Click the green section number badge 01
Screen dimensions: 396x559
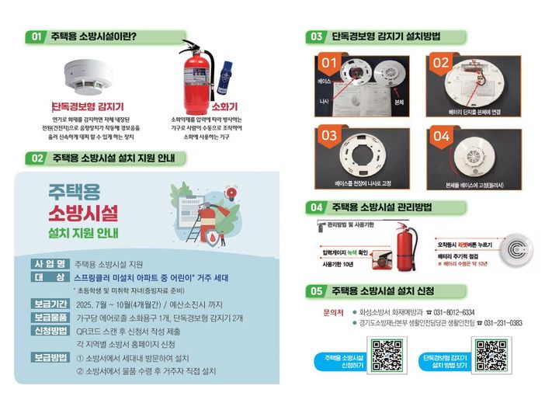(36, 36)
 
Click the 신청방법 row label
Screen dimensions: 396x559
(48, 330)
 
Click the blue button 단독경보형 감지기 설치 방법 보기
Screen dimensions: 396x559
(443, 360)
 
